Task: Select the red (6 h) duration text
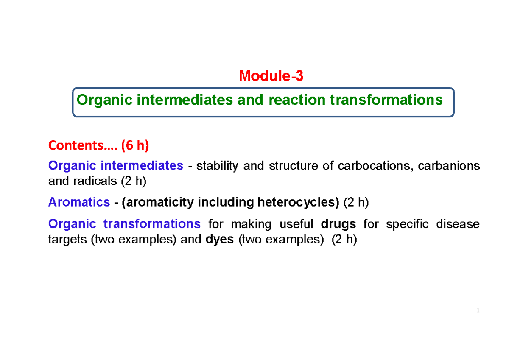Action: coord(135,145)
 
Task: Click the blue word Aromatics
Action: coord(79,202)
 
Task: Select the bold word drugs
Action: coord(338,223)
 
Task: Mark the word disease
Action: coord(459,223)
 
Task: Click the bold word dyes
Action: coord(219,240)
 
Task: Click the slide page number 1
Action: coord(478,311)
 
